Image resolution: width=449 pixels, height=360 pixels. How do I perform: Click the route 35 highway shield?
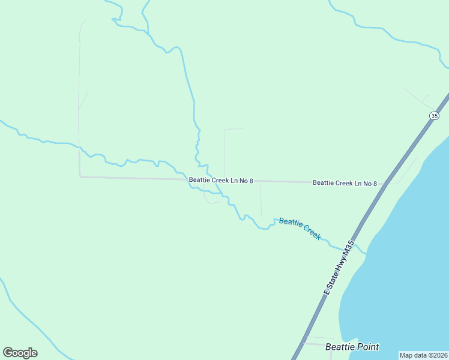pyautogui.click(x=435, y=115)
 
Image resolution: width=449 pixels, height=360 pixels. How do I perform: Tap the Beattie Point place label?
pyautogui.click(x=352, y=347)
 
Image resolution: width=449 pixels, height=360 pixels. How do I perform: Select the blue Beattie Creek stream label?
pyautogui.click(x=300, y=229)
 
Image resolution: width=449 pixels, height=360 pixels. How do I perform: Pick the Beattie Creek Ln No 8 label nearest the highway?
pyautogui.click(x=345, y=183)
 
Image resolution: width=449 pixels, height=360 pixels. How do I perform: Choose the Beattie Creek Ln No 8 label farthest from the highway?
pyautogui.click(x=221, y=180)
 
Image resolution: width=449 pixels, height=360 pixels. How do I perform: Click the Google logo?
pyautogui.click(x=20, y=353)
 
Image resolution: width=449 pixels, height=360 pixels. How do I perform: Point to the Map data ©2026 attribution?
pyautogui.click(x=424, y=355)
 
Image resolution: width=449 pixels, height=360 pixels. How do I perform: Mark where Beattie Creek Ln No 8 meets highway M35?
pyautogui.click(x=385, y=184)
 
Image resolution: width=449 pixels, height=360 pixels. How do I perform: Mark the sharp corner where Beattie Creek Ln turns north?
pyautogui.click(x=80, y=176)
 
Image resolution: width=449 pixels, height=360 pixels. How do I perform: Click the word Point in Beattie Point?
pyautogui.click(x=367, y=347)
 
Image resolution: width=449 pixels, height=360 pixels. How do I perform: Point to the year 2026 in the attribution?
pyautogui.click(x=439, y=355)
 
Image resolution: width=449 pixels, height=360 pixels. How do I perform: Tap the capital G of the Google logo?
pyautogui.click(x=8, y=353)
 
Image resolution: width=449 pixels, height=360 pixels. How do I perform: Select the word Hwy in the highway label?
pyautogui.click(x=338, y=265)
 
